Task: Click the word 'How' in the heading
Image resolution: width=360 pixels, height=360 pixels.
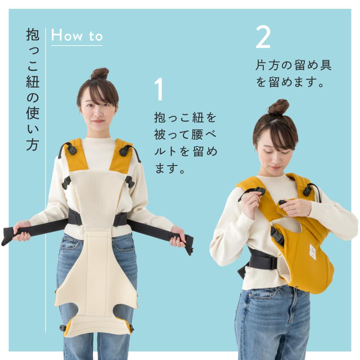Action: click(67, 36)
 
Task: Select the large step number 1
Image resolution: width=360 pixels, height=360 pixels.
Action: click(159, 89)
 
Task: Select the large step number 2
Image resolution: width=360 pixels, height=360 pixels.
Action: click(263, 37)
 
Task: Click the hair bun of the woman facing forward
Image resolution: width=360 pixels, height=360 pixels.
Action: click(100, 74)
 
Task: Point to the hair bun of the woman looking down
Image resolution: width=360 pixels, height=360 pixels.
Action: click(278, 107)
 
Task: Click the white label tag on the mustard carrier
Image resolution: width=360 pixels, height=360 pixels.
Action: click(312, 252)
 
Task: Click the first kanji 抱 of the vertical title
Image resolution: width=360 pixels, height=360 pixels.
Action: click(33, 34)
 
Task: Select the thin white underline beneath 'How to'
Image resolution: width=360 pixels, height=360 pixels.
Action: click(77, 46)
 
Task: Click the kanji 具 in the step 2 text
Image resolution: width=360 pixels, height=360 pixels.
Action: click(326, 65)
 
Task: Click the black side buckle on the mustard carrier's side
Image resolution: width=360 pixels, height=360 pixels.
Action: click(278, 235)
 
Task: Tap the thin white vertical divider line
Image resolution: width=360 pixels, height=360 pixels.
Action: click(46, 180)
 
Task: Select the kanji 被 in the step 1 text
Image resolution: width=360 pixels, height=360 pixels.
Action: click(160, 134)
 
